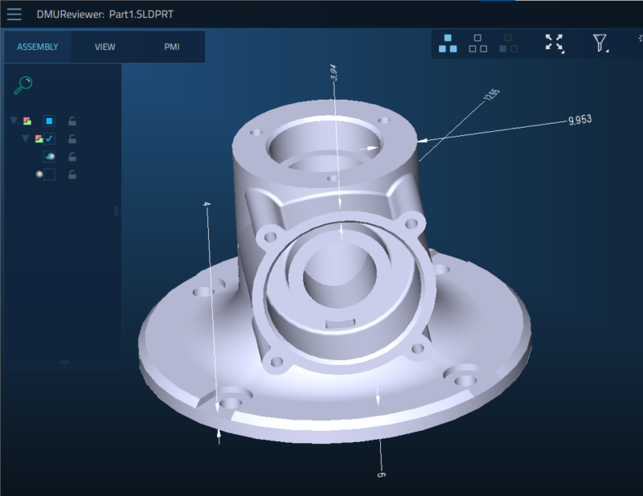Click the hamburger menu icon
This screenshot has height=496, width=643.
(14, 15)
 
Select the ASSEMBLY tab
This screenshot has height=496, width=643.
(38, 47)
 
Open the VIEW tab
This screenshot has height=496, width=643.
(105, 47)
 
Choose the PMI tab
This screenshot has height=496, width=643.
(172, 47)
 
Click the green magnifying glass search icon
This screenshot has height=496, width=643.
(24, 84)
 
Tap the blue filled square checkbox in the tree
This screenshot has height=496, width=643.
(49, 121)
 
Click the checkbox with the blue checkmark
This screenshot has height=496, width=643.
(49, 139)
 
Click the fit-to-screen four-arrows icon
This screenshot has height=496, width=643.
(554, 43)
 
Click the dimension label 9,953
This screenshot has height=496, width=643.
(580, 121)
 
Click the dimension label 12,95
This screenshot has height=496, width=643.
(492, 96)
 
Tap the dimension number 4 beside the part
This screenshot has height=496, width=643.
(207, 206)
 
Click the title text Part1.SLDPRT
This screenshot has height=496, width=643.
(142, 15)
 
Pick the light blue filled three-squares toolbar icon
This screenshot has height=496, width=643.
(448, 43)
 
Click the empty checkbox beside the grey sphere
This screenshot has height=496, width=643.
(49, 174)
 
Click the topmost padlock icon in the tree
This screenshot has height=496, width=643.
(72, 121)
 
